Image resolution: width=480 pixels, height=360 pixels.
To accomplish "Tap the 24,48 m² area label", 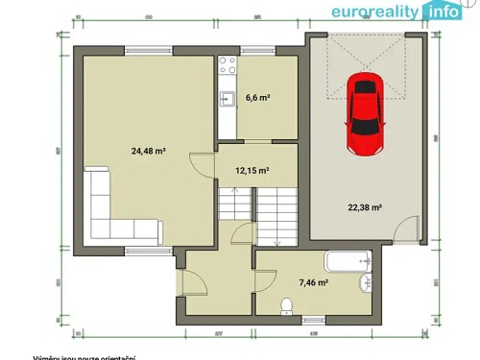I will click(148, 150).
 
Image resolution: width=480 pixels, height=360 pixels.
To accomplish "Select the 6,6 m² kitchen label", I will click(258, 97).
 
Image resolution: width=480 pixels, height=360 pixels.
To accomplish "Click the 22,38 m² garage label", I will click(365, 207).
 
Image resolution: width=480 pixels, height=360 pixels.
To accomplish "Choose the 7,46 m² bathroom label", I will click(312, 283).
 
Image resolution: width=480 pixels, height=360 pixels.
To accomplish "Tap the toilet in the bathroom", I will click(285, 305).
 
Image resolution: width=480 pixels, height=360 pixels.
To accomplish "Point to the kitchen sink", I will click(228, 97).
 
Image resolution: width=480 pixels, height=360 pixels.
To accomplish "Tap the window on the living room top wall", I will click(149, 51).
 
